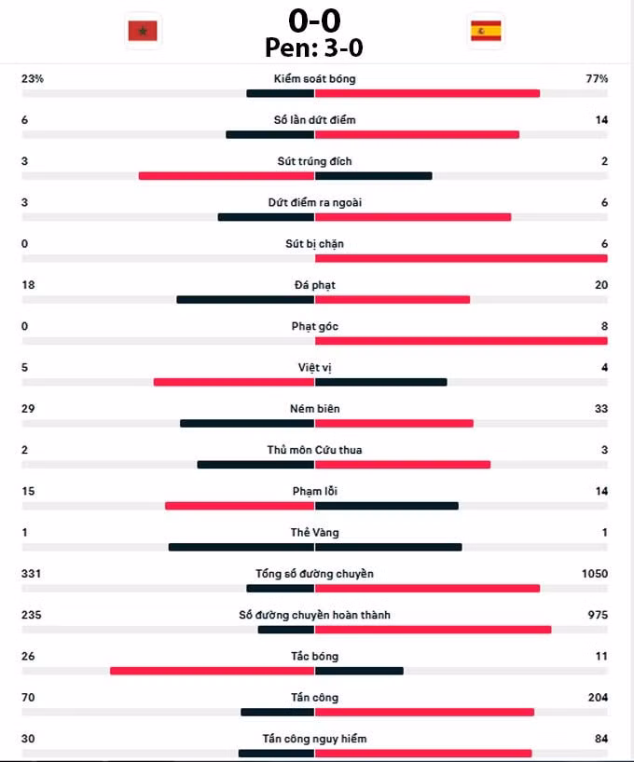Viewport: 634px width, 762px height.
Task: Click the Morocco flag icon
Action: (143, 31)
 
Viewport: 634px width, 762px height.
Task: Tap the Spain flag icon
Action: (486, 31)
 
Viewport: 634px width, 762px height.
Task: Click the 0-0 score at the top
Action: (314, 20)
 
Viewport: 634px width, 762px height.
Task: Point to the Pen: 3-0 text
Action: (314, 48)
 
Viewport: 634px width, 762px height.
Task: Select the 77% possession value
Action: (597, 79)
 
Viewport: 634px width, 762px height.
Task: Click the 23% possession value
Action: (33, 79)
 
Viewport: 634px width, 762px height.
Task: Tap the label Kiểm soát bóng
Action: (315, 79)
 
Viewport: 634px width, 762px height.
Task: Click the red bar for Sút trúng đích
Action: (227, 176)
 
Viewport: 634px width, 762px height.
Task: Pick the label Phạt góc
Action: (315, 327)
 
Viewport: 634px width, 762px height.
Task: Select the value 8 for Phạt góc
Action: (604, 326)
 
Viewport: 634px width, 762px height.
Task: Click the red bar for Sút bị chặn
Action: (462, 259)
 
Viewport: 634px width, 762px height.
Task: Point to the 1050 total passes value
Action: (595, 574)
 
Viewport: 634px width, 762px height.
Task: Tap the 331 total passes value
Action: (31, 574)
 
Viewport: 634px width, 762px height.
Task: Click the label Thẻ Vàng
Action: (315, 533)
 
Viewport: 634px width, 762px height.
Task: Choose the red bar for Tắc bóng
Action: (213, 671)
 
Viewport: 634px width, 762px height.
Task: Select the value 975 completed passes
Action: (598, 615)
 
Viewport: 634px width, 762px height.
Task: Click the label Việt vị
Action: (315, 368)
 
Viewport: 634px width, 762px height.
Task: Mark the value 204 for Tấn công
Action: (598, 698)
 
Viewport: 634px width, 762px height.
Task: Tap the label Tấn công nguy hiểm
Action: (315, 739)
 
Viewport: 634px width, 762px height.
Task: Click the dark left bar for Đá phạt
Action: (246, 300)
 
